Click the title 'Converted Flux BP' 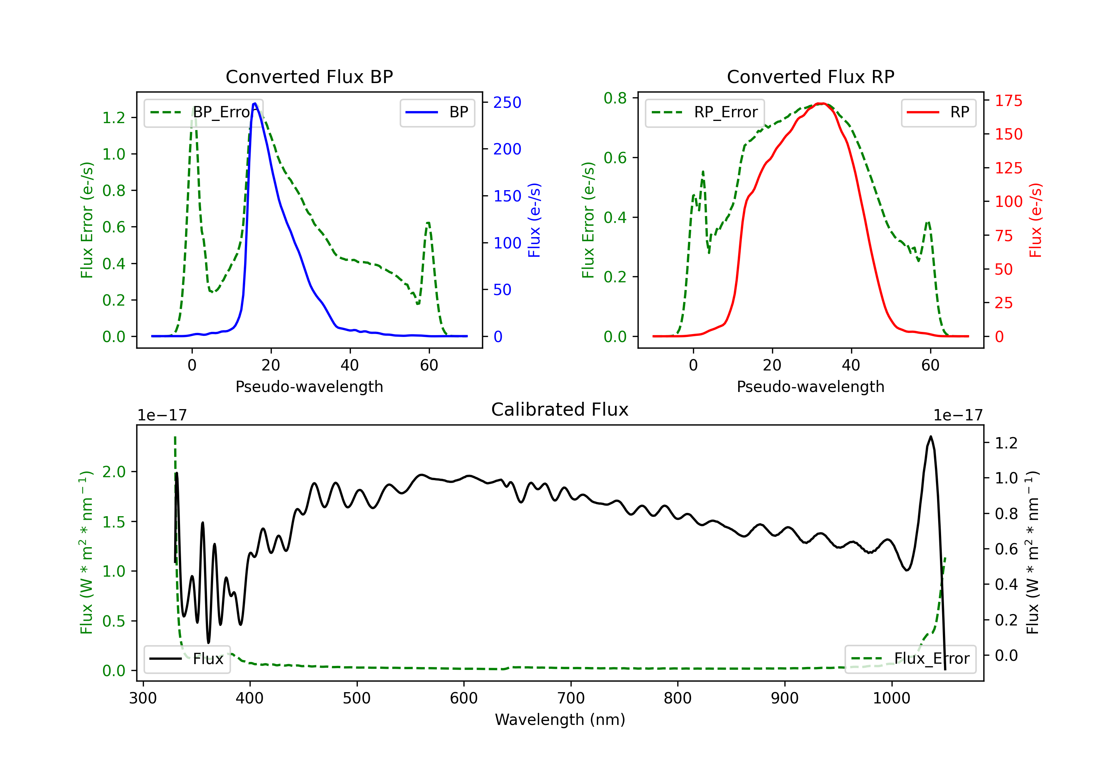(309, 76)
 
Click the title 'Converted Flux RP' (811, 76)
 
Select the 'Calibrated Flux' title (560, 409)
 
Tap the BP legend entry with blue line (437, 112)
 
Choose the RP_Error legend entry (705, 112)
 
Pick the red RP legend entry (938, 112)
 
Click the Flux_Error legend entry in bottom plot (910, 659)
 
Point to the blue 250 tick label (508, 102)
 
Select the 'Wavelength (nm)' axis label (560, 720)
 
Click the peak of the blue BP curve (255, 103)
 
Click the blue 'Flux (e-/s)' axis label (534, 220)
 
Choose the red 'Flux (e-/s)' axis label (1035, 220)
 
